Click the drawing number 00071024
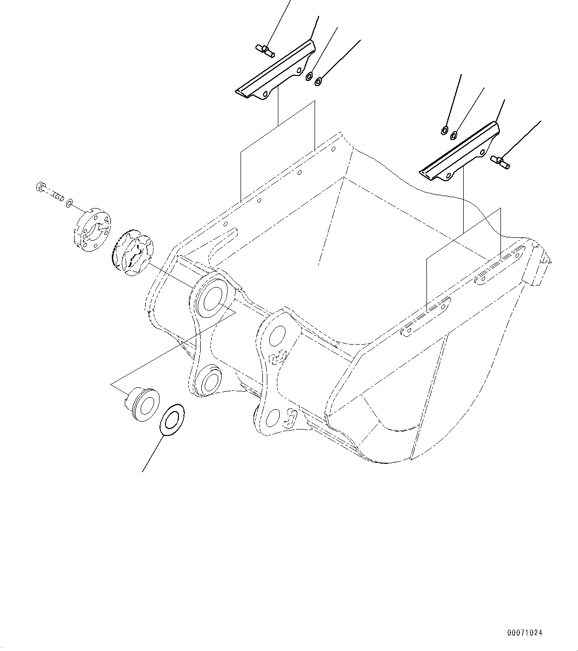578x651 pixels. tap(525, 633)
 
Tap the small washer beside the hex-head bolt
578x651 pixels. tap(70, 202)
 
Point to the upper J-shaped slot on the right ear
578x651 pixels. tap(279, 357)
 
